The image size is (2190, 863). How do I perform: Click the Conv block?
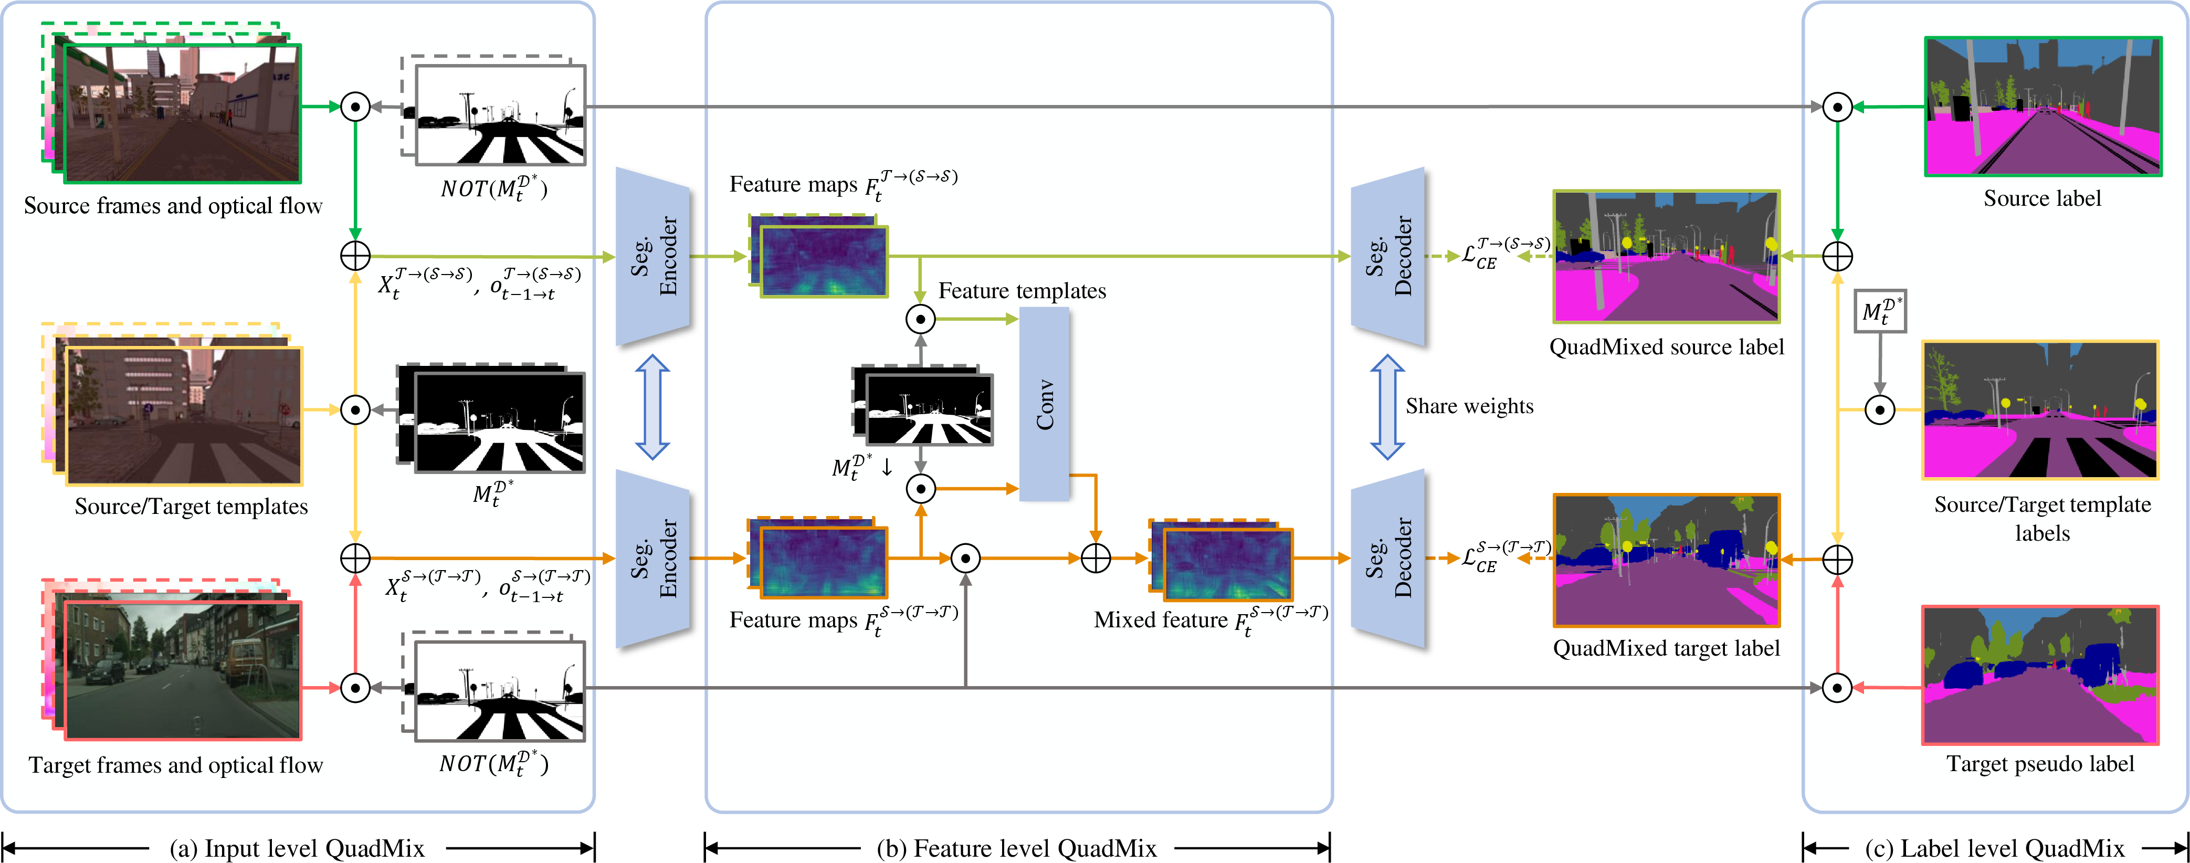[1044, 404]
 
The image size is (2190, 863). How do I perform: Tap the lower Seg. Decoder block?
[1388, 559]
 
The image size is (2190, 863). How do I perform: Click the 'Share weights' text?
[1469, 406]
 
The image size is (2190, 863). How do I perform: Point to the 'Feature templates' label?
[1022, 291]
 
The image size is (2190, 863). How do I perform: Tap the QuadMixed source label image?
[1666, 257]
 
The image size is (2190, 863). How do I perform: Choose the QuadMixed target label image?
[1666, 560]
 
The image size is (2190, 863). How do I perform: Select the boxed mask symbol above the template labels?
[1880, 311]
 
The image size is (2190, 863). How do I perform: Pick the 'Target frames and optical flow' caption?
[176, 765]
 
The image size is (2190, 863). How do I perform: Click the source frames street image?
[182, 113]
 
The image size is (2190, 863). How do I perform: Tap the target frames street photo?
[182, 670]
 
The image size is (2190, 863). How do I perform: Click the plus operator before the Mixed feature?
[1096, 559]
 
